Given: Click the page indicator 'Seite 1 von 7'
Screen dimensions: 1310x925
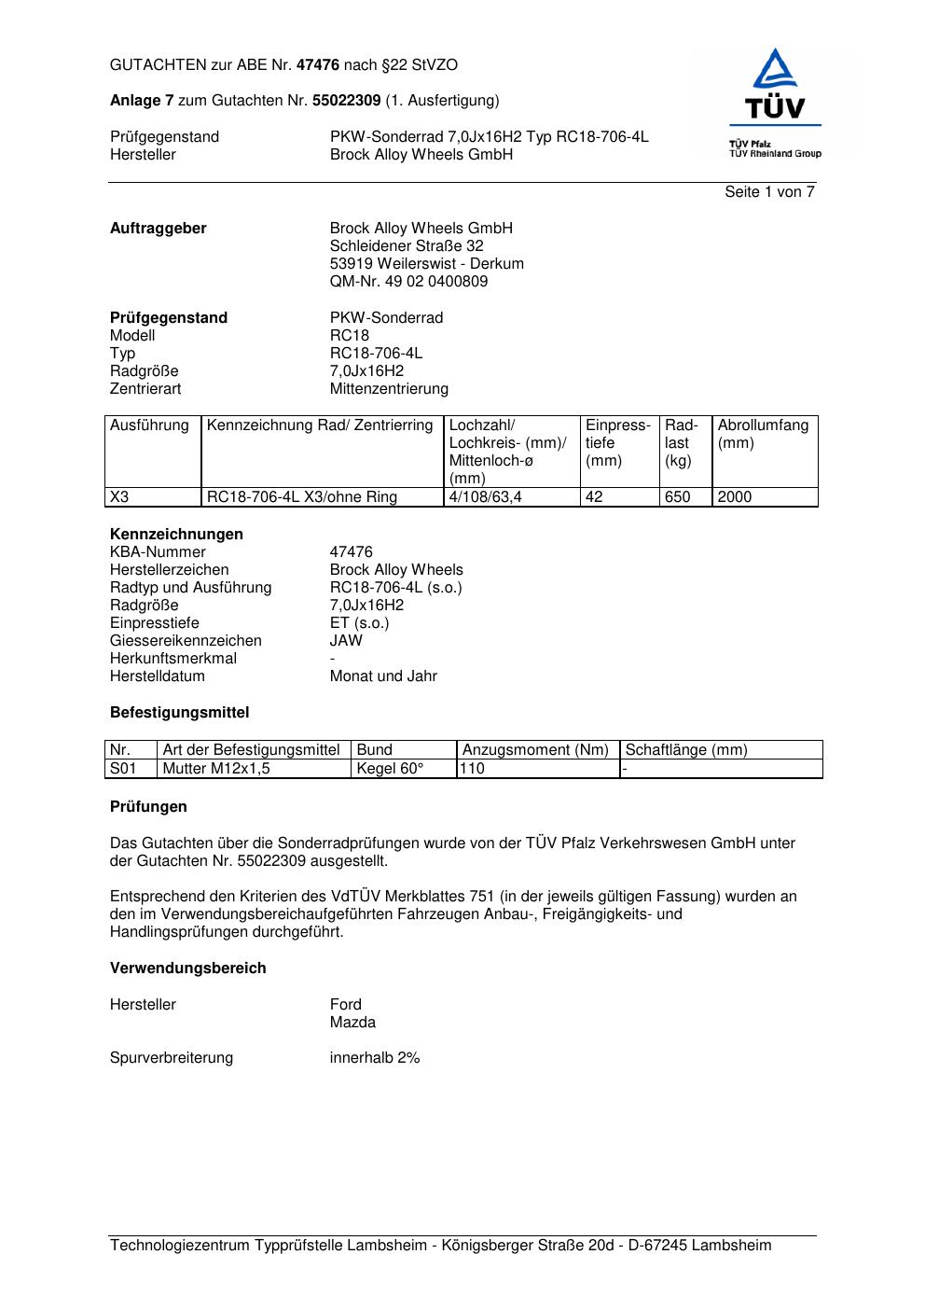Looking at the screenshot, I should tap(769, 192).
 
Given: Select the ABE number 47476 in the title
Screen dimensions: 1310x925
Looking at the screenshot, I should tap(317, 65).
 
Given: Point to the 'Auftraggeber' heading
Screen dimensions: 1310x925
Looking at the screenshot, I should tap(159, 229).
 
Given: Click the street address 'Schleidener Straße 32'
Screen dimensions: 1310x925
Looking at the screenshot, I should tap(407, 246).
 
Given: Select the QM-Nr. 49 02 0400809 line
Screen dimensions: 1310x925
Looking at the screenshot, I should tap(408, 282).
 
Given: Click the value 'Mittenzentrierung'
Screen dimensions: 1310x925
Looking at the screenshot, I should tap(389, 389).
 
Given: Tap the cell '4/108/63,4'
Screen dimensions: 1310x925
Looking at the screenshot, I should tap(485, 497).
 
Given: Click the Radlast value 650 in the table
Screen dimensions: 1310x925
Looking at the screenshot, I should tap(677, 497).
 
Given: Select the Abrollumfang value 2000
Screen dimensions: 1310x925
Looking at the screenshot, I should tap(735, 497).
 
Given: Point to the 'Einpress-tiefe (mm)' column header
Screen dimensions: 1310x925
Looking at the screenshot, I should tap(617, 443).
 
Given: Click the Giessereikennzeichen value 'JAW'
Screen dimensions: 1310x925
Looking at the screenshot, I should tap(346, 641).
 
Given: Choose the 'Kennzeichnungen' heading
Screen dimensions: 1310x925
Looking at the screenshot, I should tap(176, 535).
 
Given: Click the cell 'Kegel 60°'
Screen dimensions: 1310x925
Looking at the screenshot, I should tap(390, 769).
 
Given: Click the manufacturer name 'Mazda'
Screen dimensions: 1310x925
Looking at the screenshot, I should tap(352, 1023).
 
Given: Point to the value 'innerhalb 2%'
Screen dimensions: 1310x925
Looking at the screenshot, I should tap(375, 1058).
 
